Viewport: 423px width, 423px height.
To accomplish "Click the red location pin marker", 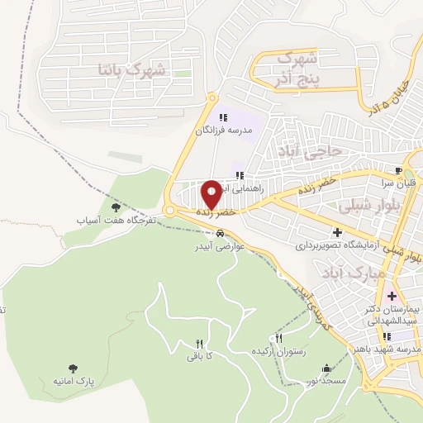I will pos(212,194).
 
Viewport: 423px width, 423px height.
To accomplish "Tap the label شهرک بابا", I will pos(132,69).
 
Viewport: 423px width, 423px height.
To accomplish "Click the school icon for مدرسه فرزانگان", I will pos(223,116).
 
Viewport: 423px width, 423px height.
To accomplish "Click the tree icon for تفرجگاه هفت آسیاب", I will pos(115,208).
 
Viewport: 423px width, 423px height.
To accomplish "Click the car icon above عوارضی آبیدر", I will pos(219,233).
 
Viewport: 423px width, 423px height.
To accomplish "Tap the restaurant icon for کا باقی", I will pos(199,344).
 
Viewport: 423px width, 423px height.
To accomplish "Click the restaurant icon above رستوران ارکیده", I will pos(278,339).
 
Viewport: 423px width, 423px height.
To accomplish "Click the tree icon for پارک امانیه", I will pos(74,368).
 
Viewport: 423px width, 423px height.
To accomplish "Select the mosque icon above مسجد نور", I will pos(327,368).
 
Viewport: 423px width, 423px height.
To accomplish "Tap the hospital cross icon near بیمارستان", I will pos(392,295).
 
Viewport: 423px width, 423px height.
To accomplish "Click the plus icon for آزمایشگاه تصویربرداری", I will pos(337,233).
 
